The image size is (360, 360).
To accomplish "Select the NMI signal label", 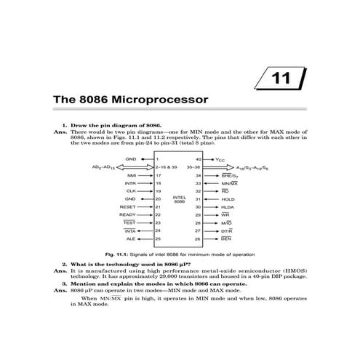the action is (x=132, y=175).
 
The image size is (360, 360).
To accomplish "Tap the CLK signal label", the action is (x=131, y=191).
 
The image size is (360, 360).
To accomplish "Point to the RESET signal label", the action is (x=129, y=207).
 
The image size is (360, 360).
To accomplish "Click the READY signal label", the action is (x=129, y=215).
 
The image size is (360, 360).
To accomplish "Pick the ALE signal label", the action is (x=131, y=238).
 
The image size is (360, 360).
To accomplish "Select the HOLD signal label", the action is (x=228, y=199).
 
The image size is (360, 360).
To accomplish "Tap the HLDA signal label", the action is (x=228, y=207).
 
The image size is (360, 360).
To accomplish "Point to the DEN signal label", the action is (x=226, y=239).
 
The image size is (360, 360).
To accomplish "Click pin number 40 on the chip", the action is (x=199, y=159).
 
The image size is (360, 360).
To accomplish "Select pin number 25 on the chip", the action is (x=159, y=238).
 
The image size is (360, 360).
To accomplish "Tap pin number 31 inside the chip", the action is (x=199, y=199).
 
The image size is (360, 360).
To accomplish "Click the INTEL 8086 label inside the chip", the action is (x=179, y=199).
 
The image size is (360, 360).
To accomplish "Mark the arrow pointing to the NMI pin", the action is (x=145, y=175).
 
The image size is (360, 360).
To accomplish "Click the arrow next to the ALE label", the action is (x=145, y=238).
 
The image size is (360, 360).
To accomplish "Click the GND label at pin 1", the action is (x=131, y=159).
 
